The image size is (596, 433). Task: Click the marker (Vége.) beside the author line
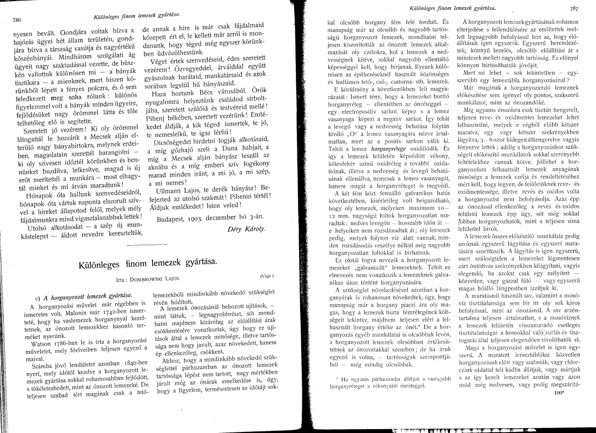(x=267, y=276)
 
